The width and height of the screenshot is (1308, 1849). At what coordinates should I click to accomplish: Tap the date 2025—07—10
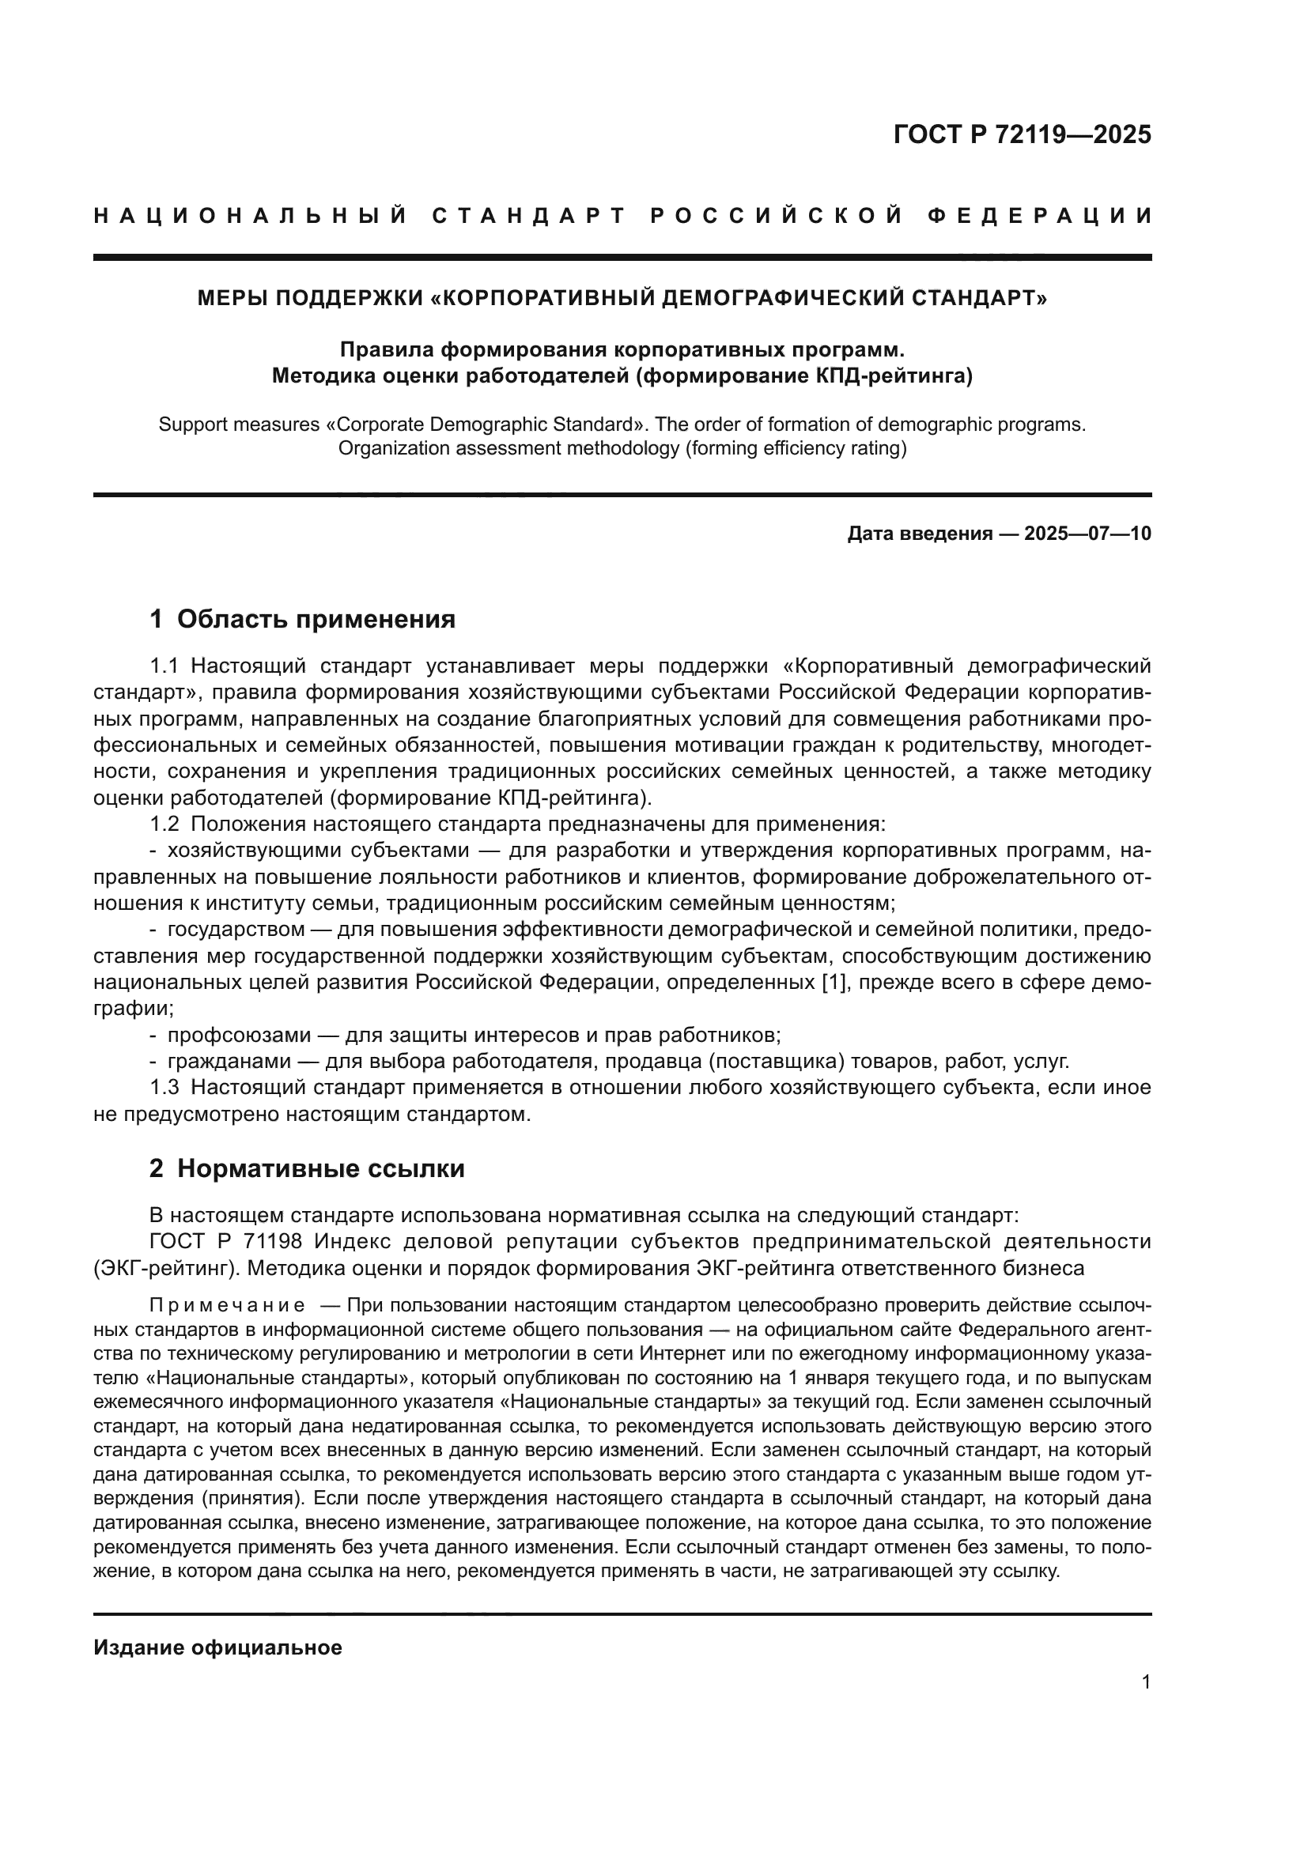pos(1087,534)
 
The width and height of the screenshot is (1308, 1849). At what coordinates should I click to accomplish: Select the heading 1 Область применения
pos(303,619)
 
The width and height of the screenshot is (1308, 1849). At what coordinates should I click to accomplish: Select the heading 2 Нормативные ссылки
pos(307,1168)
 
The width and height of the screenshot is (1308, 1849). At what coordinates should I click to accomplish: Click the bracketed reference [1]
pos(834,983)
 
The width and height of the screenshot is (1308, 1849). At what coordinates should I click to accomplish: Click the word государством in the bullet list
pos(236,930)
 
